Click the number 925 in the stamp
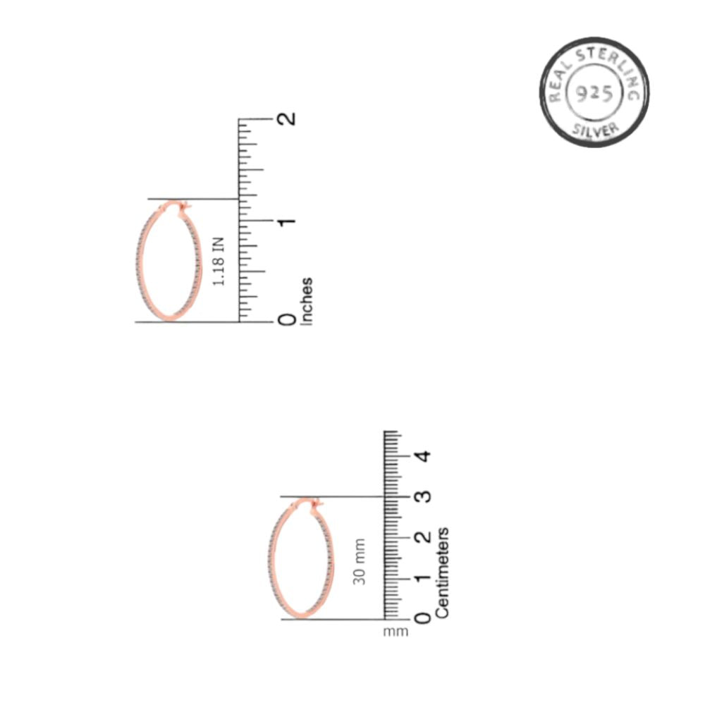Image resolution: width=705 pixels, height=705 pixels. (x=594, y=94)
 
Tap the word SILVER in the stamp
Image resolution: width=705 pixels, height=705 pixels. (x=596, y=130)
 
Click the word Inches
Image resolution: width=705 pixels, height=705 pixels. (x=307, y=301)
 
